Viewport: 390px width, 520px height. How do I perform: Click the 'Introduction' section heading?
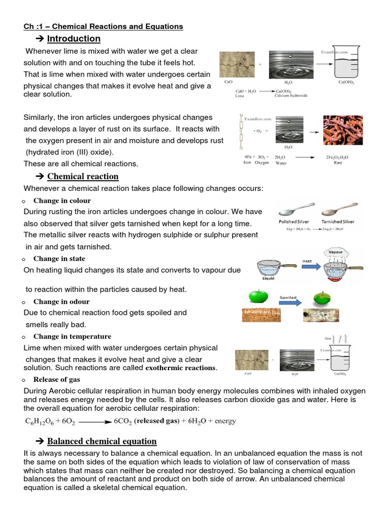[x=74, y=39]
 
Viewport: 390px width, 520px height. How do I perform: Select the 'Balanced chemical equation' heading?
[x=102, y=441]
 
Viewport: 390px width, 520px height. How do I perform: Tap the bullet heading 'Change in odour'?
[x=61, y=302]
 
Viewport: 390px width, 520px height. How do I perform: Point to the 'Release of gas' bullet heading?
[x=57, y=379]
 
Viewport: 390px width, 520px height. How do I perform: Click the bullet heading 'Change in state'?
[x=59, y=258]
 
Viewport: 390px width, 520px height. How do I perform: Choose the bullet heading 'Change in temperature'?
[x=72, y=336]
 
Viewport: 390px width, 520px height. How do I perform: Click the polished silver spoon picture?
[x=298, y=208]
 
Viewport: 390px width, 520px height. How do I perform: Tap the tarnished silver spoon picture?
[x=338, y=208]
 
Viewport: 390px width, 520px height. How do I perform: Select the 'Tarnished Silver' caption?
[x=338, y=222]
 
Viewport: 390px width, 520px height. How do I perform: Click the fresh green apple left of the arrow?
[x=258, y=298]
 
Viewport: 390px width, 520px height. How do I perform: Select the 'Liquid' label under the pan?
[x=268, y=278]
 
